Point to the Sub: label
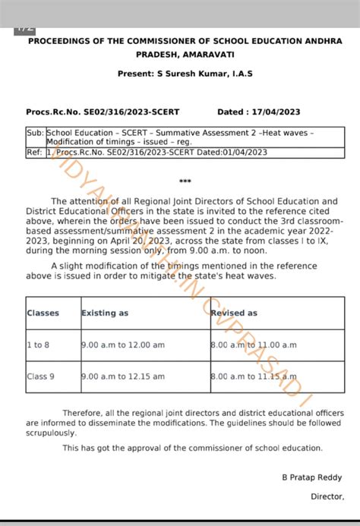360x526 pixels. point(35,132)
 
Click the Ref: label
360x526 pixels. point(35,153)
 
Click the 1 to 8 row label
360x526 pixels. point(39,345)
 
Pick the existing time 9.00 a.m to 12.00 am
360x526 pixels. point(123,345)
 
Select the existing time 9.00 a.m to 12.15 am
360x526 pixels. point(123,376)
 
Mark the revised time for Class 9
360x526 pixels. point(252,376)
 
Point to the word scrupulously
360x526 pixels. point(51,433)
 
